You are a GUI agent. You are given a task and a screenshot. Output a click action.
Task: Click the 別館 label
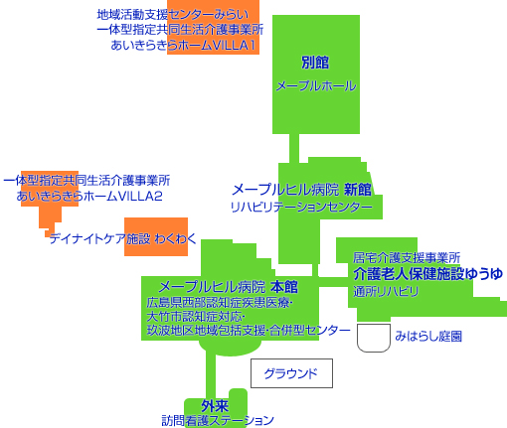pos(315,63)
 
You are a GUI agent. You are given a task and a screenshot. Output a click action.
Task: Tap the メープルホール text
pos(316,86)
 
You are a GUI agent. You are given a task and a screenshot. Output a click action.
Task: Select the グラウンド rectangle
pos(291,373)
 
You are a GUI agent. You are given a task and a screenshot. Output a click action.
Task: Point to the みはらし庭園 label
pos(428,337)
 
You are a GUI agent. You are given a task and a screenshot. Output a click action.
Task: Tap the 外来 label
pos(215,405)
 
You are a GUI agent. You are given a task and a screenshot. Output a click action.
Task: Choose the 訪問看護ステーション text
pos(218,420)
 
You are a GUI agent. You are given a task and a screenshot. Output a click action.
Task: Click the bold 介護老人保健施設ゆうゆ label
pos(427,274)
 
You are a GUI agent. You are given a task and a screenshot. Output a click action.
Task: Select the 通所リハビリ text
pos(386,291)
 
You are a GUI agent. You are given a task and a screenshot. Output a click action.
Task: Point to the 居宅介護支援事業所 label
pos(407,257)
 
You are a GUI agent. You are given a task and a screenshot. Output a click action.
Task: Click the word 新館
pos(358,190)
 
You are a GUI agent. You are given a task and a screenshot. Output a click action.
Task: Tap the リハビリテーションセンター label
pos(301,207)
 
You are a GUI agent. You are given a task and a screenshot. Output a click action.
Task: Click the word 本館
pos(284,287)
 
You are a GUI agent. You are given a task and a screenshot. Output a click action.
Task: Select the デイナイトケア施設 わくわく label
pos(123,238)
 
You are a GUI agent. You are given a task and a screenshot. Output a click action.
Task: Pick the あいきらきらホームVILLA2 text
pos(89,197)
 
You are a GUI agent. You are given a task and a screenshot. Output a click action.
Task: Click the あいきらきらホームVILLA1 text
pos(183,45)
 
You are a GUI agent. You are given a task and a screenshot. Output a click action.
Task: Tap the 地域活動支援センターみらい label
pos(173,15)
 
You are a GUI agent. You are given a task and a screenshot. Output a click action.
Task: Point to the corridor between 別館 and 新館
pos(294,148)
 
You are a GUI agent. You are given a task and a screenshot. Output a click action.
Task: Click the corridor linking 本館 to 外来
pos(211,375)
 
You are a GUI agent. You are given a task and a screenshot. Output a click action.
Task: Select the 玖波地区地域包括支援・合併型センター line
pos(249,330)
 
